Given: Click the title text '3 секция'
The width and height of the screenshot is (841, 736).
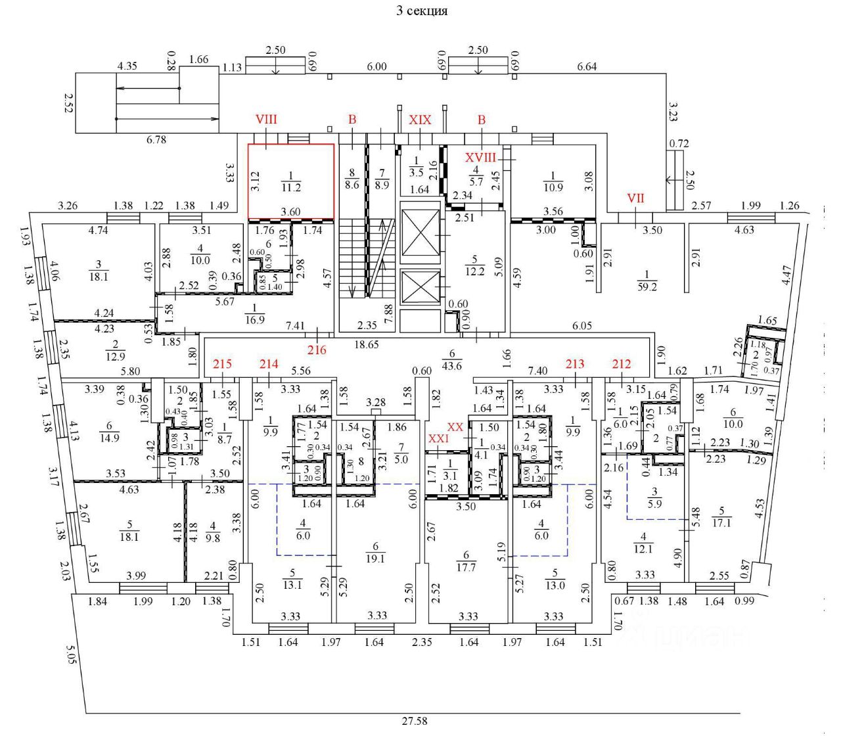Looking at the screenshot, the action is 421,11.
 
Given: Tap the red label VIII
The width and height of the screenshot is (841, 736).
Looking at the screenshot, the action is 266,120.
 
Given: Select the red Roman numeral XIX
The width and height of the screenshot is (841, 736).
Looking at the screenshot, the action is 420,120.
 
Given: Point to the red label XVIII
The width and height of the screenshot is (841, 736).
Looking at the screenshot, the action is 481,158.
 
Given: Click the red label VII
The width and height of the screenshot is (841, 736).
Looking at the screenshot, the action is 635,198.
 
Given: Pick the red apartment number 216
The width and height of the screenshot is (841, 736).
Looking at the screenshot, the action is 317,350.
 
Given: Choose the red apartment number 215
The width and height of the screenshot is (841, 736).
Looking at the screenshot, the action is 223,364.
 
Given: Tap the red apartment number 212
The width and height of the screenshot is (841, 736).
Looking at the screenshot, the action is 622,364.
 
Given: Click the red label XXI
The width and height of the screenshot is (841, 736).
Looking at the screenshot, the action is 438,438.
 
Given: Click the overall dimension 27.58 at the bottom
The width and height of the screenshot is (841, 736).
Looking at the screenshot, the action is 414,721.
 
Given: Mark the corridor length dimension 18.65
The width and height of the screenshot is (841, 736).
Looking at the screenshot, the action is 366,344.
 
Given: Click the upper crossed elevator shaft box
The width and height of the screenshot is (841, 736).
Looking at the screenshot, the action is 420,236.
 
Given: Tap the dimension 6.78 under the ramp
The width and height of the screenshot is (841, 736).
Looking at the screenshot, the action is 156,140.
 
